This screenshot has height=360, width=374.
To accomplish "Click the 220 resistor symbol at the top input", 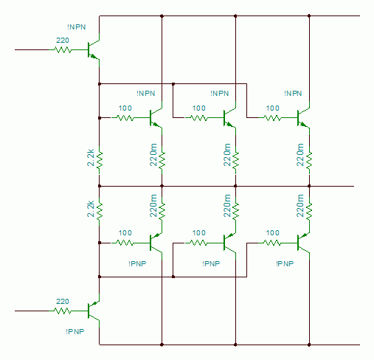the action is point(63,50).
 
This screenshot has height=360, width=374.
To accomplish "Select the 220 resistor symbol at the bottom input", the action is point(63,311).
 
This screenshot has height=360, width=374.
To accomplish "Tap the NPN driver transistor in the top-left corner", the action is point(94,50).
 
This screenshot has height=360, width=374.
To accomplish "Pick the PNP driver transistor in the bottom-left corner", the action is point(94,311).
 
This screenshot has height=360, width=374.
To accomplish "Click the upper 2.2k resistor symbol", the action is point(100,160).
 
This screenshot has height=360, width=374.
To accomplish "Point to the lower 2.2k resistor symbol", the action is point(100,212).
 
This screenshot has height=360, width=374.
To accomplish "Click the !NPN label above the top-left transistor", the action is point(77,27).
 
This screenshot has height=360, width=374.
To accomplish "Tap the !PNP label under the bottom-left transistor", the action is point(75,331).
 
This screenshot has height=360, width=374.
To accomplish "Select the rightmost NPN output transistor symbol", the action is point(303,118).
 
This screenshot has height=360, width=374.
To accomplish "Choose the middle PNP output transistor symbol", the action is point(229,243).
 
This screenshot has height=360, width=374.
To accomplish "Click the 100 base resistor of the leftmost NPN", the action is point(125,118).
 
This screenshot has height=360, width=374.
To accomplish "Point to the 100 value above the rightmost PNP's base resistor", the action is point(273,232).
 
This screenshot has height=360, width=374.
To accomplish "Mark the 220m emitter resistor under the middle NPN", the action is point(235,160).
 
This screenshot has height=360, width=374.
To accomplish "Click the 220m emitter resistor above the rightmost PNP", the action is point(309,212).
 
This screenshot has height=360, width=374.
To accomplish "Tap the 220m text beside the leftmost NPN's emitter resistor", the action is point(153,155).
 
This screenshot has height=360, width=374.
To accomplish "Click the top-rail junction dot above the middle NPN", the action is point(235,16).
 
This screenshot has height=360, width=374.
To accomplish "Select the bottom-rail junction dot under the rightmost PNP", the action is point(309,345).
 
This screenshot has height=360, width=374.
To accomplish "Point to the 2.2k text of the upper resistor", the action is point(91,158).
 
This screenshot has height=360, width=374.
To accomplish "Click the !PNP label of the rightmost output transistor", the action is point(285,263).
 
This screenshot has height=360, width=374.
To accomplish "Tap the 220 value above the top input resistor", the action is point(63,40).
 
